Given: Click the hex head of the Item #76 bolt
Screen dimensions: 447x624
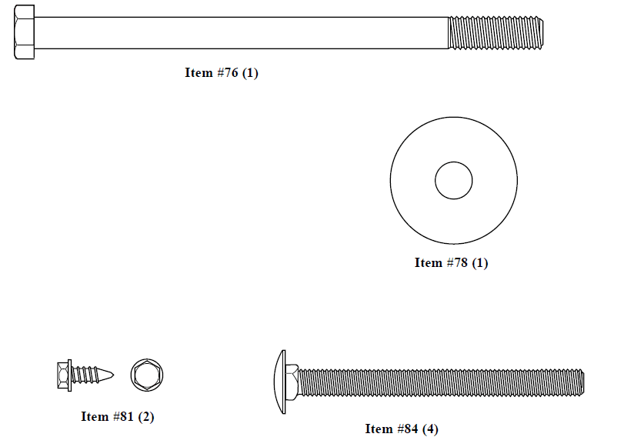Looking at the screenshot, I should click(24, 32).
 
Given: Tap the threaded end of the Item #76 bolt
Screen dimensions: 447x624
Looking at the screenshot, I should click(496, 33).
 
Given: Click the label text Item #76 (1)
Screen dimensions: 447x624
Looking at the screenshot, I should click(222, 73).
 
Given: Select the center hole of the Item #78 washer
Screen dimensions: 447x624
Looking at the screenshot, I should click(453, 182).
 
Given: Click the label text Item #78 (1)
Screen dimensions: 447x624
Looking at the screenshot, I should click(451, 263).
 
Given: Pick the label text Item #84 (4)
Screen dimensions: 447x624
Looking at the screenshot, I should click(402, 429).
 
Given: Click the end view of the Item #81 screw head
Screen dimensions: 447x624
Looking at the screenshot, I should click(146, 375).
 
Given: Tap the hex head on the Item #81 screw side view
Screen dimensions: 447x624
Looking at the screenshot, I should click(64, 375).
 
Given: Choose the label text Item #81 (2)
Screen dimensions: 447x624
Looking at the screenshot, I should click(118, 417).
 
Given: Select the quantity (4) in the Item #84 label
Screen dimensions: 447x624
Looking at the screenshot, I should click(430, 429).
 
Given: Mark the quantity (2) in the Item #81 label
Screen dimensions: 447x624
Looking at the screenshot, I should click(146, 417).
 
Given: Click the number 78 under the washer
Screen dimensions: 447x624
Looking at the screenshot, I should click(459, 263).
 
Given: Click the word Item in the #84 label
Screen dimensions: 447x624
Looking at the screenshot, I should click(378, 429).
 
